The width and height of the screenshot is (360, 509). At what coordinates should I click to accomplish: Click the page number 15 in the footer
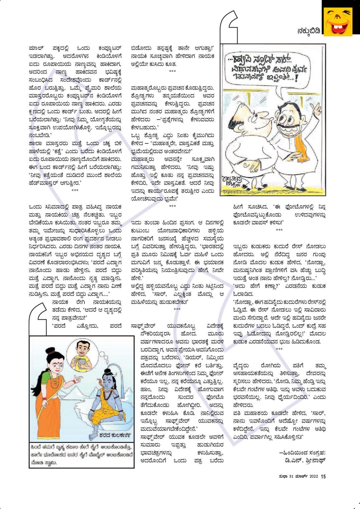pyautogui.click(x=323, y=476)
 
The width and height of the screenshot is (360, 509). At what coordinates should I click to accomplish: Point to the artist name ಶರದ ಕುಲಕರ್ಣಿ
pyautogui.click(x=115, y=435)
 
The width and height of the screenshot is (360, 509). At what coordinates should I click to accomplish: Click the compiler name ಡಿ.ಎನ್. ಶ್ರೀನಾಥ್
pyautogui.click(x=304, y=461)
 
